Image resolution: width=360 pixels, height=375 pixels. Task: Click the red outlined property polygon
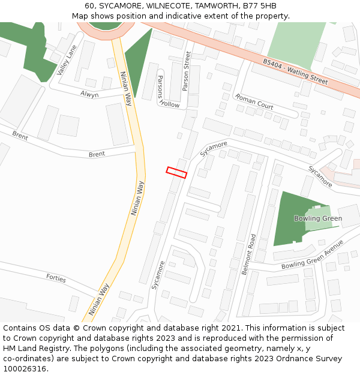176,173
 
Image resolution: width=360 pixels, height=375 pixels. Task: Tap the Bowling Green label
317,218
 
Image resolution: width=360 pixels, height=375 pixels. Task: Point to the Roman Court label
254,101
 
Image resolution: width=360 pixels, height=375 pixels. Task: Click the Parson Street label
186,71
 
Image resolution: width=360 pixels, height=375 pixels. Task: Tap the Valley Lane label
67,60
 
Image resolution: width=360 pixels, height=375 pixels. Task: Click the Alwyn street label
89,94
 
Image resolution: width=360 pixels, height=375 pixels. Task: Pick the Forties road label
56,278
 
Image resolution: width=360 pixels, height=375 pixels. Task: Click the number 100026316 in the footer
25,369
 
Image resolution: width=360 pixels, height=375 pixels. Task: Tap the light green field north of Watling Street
294,43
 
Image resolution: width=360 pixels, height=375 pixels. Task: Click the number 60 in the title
89,6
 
